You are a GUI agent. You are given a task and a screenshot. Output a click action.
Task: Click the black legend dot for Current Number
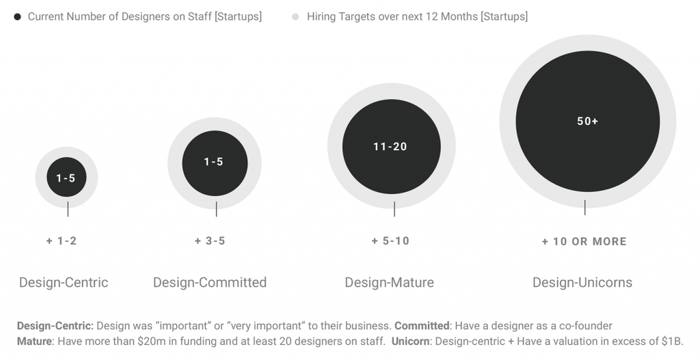[17, 17]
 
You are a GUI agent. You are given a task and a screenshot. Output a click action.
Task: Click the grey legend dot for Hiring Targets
[295, 17]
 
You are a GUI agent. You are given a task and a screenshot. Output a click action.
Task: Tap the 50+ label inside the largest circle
[587, 122]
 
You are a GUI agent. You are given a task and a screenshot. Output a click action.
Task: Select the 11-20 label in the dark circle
[390, 147]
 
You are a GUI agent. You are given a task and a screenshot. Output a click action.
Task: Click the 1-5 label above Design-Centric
[66, 178]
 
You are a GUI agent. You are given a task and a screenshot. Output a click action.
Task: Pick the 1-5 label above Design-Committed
[214, 162]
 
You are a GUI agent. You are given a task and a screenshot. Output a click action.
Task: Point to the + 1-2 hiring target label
[62, 241]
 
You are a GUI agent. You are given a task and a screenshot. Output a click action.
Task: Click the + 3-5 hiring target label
[210, 241]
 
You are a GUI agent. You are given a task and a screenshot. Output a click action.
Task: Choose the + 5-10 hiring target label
[390, 241]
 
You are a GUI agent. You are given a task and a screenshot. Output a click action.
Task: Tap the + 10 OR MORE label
[584, 242]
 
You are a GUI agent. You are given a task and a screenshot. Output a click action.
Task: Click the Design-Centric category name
[64, 282]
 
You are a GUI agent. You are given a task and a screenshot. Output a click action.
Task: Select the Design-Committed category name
[210, 282]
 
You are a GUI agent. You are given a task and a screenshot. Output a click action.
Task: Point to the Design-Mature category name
[389, 282]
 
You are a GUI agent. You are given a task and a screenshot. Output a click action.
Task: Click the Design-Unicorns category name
[582, 282]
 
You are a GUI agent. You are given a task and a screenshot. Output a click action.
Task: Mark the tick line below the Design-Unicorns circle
[585, 208]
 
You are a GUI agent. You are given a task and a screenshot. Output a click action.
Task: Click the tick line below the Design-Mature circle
[394, 209]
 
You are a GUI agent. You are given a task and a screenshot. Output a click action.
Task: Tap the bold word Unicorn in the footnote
[411, 342]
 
